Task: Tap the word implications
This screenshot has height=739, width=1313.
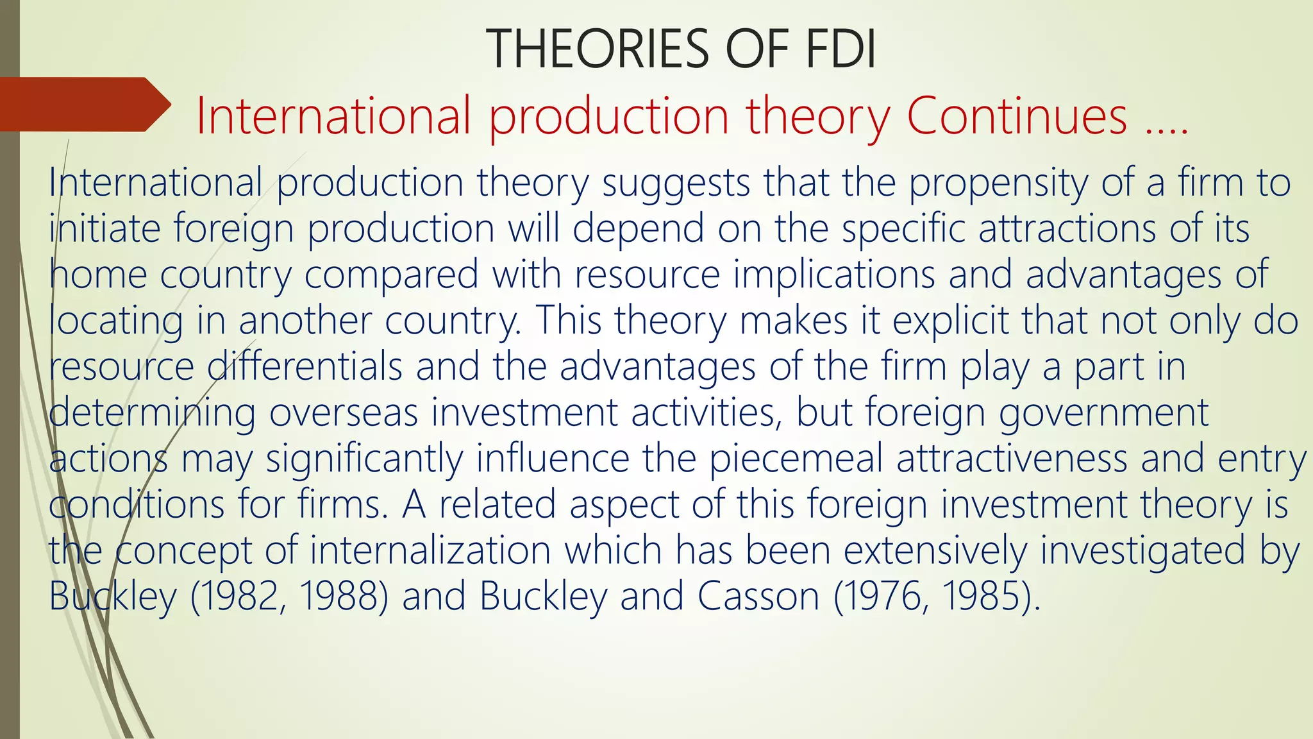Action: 834,275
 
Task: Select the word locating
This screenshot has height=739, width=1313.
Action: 116,320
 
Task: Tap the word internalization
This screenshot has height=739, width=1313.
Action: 430,550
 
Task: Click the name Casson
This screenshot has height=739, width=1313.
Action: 758,597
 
